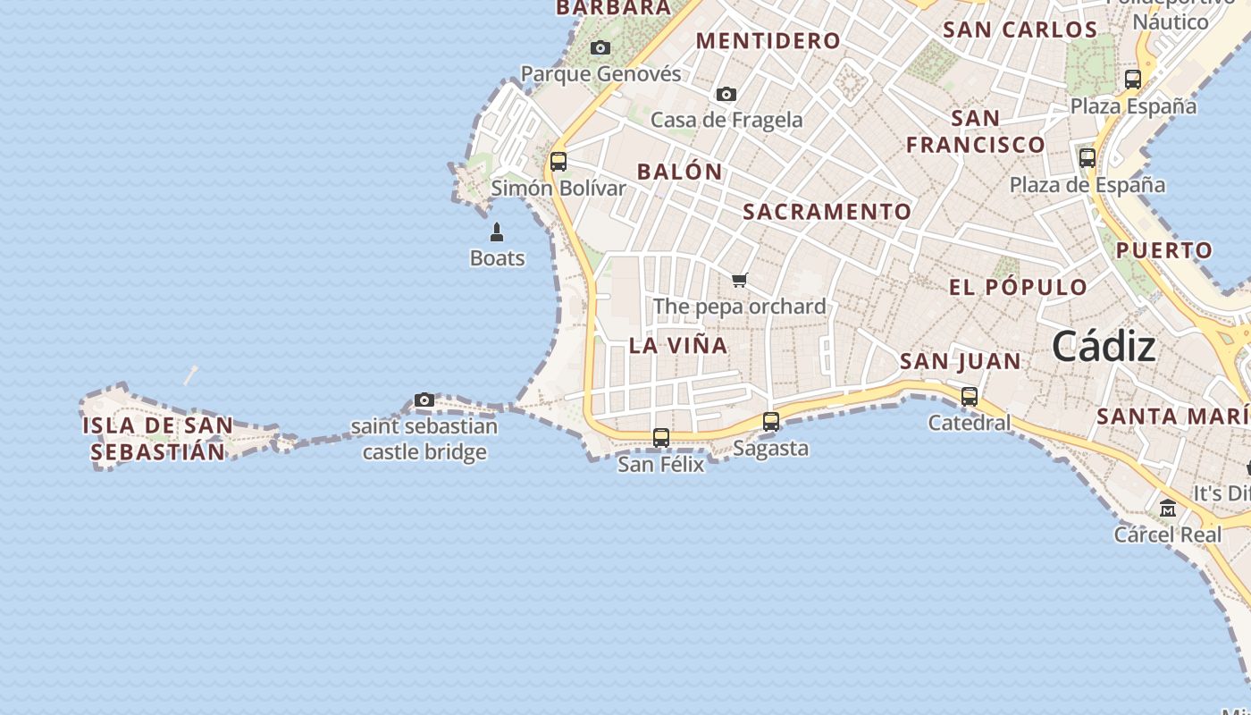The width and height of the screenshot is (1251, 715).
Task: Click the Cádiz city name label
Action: tap(1104, 346)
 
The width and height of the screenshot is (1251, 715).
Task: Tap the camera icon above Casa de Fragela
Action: tap(726, 94)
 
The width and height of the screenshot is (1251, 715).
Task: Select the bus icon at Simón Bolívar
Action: tap(558, 162)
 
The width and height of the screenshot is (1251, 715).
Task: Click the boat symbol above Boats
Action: tap(497, 233)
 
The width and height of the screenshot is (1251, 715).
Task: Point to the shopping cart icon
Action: tap(739, 281)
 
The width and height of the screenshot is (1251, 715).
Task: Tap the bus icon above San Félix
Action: tap(661, 438)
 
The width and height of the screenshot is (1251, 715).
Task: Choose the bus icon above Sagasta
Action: tap(771, 422)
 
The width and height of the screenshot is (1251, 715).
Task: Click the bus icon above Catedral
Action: tap(970, 396)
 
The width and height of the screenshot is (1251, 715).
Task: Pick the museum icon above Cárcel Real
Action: tap(1168, 509)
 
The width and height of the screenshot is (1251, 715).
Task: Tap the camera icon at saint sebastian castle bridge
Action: tap(424, 400)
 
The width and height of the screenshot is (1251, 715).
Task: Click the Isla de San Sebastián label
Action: tap(157, 438)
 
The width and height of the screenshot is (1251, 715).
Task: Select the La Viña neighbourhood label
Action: tap(678, 346)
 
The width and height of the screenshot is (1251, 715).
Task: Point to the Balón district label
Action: tap(680, 172)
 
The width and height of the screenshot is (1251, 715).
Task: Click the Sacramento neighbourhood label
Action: tap(827, 212)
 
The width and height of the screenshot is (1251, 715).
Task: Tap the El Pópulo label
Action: tap(1018, 288)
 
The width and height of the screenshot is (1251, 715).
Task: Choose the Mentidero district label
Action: tap(768, 41)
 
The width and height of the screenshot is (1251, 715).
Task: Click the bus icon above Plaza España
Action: tap(1133, 79)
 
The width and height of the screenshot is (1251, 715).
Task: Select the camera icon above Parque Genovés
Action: tap(600, 48)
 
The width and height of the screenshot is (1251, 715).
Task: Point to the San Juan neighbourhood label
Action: tap(961, 361)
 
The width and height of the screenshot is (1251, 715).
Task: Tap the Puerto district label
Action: tap(1164, 250)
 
